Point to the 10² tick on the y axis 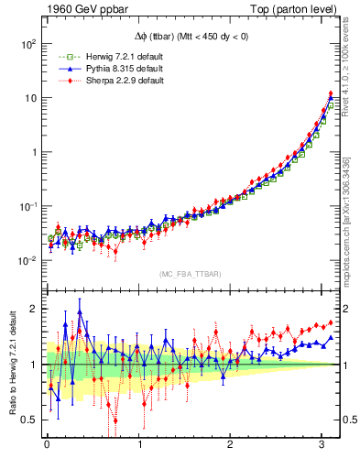28,44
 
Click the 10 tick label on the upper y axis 30,98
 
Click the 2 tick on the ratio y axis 34,309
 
